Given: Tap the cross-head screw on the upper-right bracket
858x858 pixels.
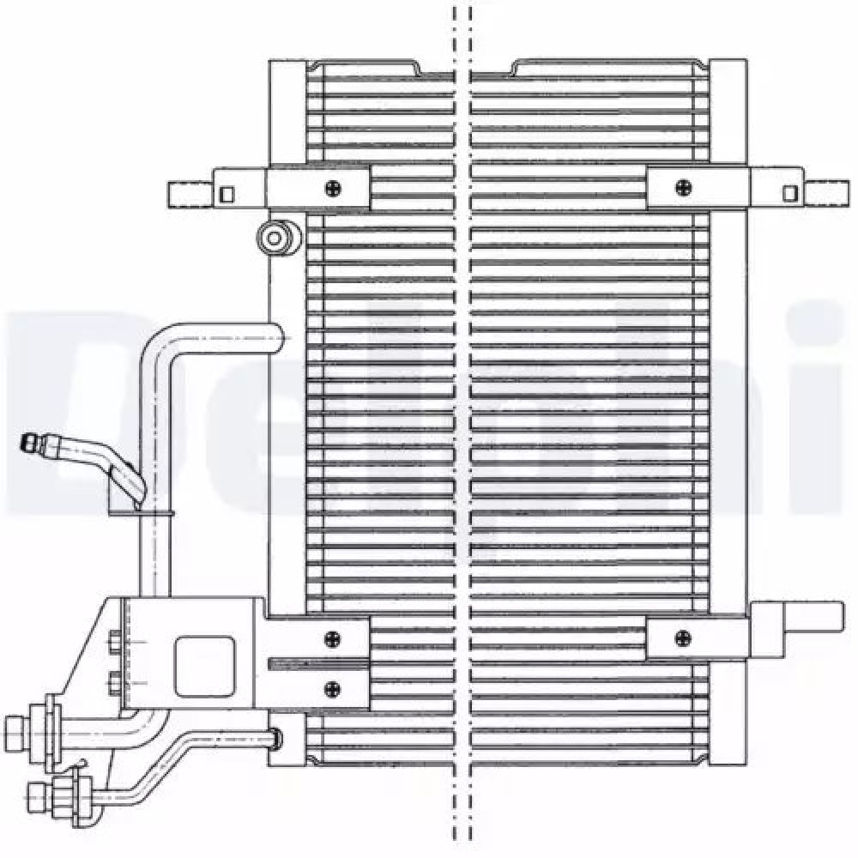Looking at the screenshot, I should pyautogui.click(x=683, y=186).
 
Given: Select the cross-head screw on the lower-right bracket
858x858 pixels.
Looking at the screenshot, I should pyautogui.click(x=683, y=637).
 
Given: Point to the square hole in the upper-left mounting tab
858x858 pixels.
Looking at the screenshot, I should pyautogui.click(x=227, y=193).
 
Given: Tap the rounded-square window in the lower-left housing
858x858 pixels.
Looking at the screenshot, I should pyautogui.click(x=204, y=666).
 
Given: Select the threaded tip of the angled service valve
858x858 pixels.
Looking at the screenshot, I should pyautogui.click(x=30, y=444).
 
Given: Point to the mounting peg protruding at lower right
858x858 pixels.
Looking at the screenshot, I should pyautogui.click(x=811, y=617).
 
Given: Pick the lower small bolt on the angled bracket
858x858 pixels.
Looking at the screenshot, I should pyautogui.click(x=115, y=683).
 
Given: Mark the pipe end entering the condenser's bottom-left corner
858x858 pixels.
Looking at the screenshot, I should pyautogui.click(x=274, y=736).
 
